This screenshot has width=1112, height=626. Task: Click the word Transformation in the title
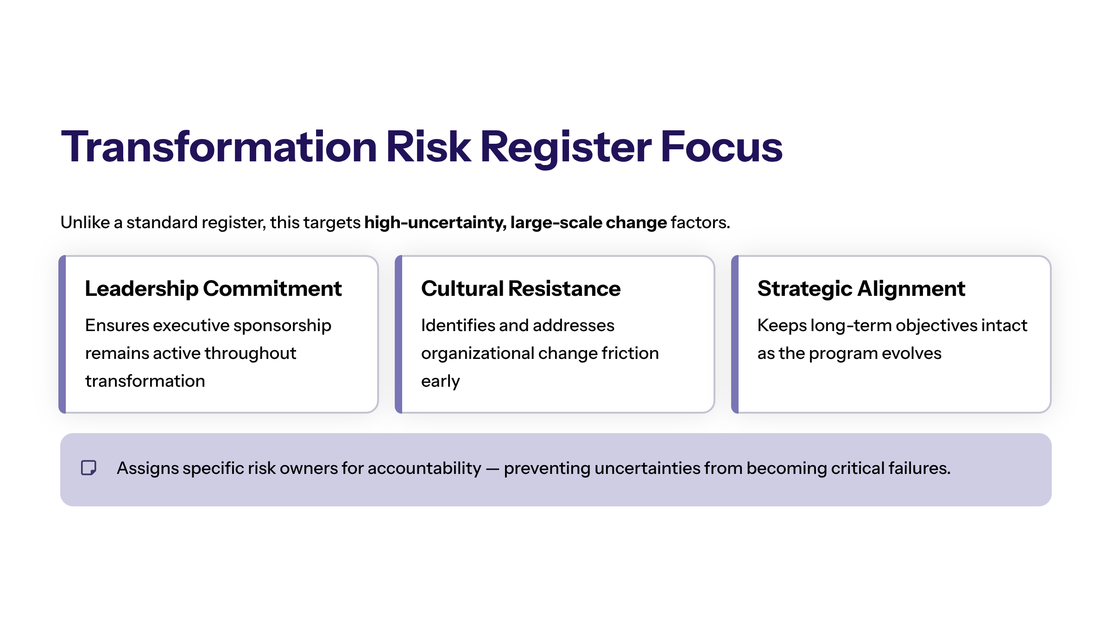(219, 147)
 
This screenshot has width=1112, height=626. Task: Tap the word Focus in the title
(721, 147)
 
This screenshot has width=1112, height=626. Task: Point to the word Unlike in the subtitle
(85, 223)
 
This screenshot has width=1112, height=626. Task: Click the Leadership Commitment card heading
(213, 289)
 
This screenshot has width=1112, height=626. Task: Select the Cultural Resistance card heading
(521, 288)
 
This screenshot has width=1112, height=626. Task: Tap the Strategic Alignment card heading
(861, 289)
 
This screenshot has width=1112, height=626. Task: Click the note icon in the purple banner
(88, 468)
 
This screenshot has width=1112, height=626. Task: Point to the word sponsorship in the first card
(282, 326)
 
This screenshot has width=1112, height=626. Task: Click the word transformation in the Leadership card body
(145, 381)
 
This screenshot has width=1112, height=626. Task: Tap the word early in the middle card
(441, 382)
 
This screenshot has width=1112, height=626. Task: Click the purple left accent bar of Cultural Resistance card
(398, 334)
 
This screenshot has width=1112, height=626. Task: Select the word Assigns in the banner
(148, 468)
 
